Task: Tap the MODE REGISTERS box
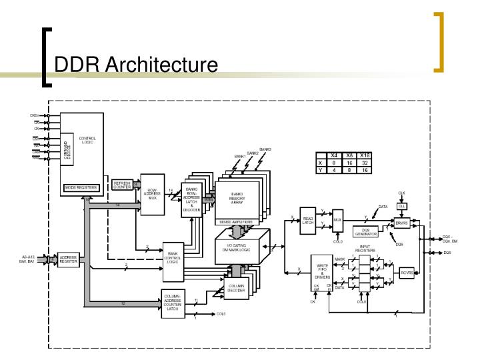point(81,188)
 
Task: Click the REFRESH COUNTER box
point(122,185)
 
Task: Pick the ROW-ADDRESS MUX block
point(152,194)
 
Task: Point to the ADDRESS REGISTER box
point(69,260)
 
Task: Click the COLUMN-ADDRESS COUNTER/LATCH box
point(172,303)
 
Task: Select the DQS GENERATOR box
point(365,231)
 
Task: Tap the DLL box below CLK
point(401,206)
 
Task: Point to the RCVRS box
point(406,273)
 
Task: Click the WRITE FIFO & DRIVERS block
point(322,273)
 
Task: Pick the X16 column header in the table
point(365,155)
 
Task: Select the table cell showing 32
point(365,162)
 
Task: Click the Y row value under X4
point(334,169)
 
